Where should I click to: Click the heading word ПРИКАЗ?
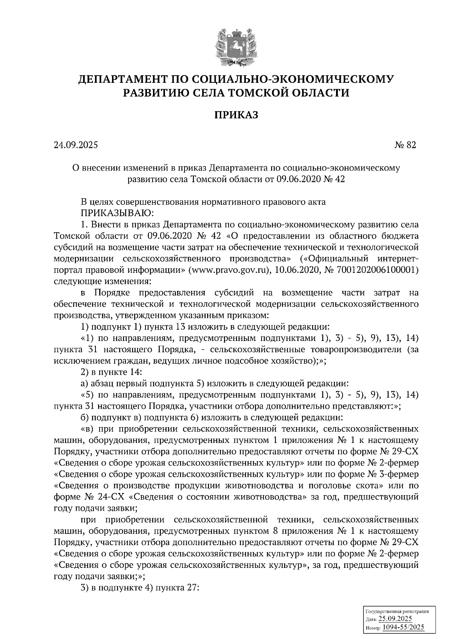click(236, 115)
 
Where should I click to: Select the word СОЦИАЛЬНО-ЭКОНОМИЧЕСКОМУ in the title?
click(293, 79)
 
